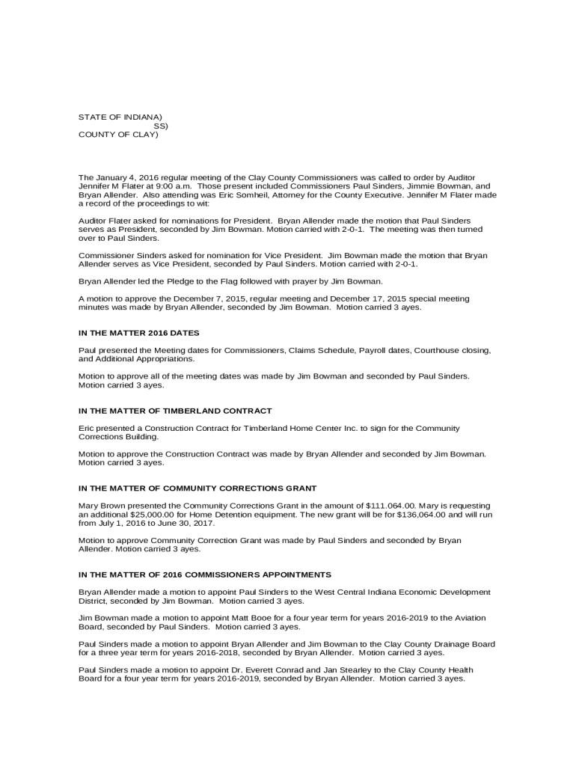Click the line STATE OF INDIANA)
(120, 117)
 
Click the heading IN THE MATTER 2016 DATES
(138, 332)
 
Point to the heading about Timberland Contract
(175, 411)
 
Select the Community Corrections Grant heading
(192, 488)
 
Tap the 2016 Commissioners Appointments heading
(205, 574)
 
